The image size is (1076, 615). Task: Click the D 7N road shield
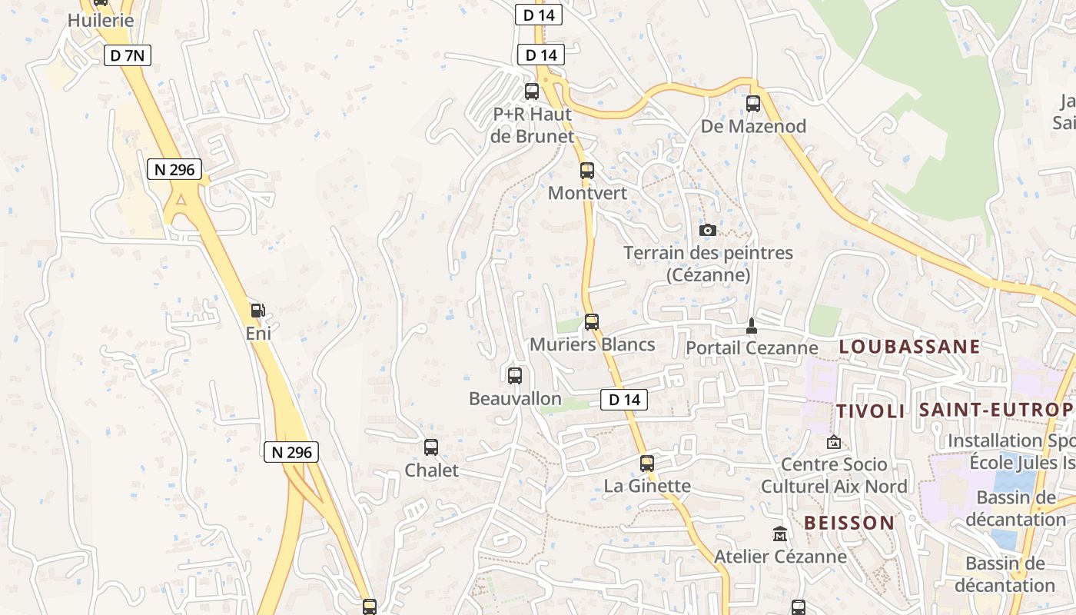pos(127,55)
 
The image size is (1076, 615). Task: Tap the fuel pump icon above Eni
pos(258,311)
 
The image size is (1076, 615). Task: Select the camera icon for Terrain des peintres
pos(708,230)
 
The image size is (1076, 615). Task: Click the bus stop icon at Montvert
pos(587,171)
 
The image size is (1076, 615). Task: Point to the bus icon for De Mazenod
pos(753,103)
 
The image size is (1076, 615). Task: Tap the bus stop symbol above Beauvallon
pos(515,376)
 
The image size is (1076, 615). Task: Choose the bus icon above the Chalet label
pos(431,447)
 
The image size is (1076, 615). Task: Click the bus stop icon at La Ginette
pos(647,463)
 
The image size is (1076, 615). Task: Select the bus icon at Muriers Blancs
pos(591,322)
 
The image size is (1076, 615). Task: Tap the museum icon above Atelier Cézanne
pos(780,534)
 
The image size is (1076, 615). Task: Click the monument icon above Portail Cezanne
pos(752,326)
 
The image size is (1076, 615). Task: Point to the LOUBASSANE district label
pos(909,347)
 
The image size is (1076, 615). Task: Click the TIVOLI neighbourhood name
pos(871,411)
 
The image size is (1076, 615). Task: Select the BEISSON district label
pos(849,523)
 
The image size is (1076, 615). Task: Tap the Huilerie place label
pos(101,21)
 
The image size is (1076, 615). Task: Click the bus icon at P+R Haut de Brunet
pos(532,91)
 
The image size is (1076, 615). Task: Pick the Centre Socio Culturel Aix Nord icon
pos(833,442)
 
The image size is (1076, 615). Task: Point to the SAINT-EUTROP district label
pos(996,410)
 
